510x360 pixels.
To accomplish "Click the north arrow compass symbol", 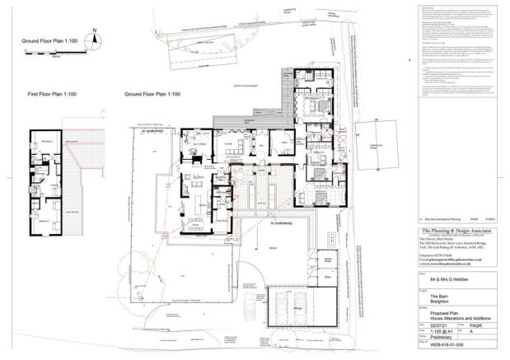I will [95, 35].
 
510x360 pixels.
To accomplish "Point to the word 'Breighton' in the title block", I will [427, 302].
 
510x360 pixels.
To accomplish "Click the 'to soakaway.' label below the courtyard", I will [284, 222].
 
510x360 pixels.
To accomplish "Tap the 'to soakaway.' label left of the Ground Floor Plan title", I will [155, 129].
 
